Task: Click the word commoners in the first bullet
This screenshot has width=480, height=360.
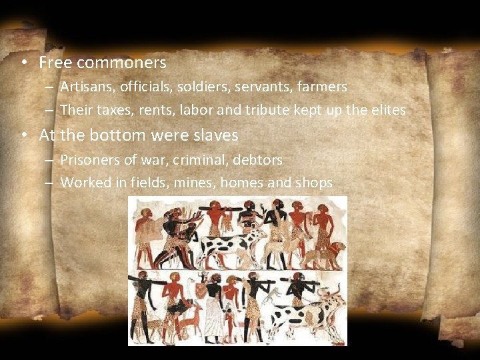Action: point(121,63)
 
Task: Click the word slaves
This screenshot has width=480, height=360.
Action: point(214,135)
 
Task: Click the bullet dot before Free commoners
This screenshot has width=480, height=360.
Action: point(23,63)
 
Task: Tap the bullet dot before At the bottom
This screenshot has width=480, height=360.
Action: point(23,135)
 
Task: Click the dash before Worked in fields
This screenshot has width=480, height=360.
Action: point(51,183)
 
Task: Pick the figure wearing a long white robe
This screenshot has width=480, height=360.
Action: point(213,310)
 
